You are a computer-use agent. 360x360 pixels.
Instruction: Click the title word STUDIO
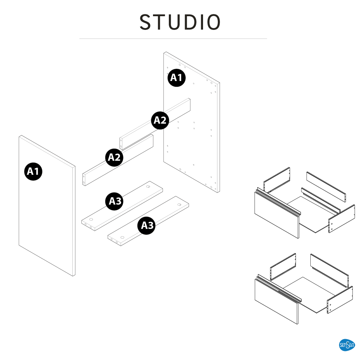pyautogui.click(x=180, y=22)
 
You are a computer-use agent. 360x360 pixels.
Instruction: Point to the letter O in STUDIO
pyautogui.click(x=213, y=22)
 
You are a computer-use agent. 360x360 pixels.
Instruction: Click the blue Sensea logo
pyautogui.click(x=347, y=345)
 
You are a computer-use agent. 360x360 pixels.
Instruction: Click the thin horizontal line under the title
pyautogui.click(x=173, y=39)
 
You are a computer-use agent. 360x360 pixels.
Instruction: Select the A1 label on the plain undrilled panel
pyautogui.click(x=33, y=171)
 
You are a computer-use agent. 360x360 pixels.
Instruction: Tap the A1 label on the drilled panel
pyautogui.click(x=176, y=78)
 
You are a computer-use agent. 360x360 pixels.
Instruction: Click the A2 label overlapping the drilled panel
pyautogui.click(x=160, y=120)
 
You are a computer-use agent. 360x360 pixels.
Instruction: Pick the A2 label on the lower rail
pyautogui.click(x=114, y=158)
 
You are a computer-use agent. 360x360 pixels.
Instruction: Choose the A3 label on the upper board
pyautogui.click(x=114, y=201)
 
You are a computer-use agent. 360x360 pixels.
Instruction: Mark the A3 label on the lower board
pyautogui.click(x=147, y=225)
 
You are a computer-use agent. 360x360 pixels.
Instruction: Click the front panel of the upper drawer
pyautogui.click(x=276, y=215)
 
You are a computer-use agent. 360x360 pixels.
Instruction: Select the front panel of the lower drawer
pyautogui.click(x=276, y=301)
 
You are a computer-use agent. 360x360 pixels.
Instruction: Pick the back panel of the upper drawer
pyautogui.click(x=326, y=186)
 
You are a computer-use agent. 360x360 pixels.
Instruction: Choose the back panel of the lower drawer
pyautogui.click(x=330, y=270)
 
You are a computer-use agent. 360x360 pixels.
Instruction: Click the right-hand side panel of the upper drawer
pyautogui.click(x=342, y=219)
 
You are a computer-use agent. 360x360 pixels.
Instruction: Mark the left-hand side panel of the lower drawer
pyautogui.click(x=283, y=267)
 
